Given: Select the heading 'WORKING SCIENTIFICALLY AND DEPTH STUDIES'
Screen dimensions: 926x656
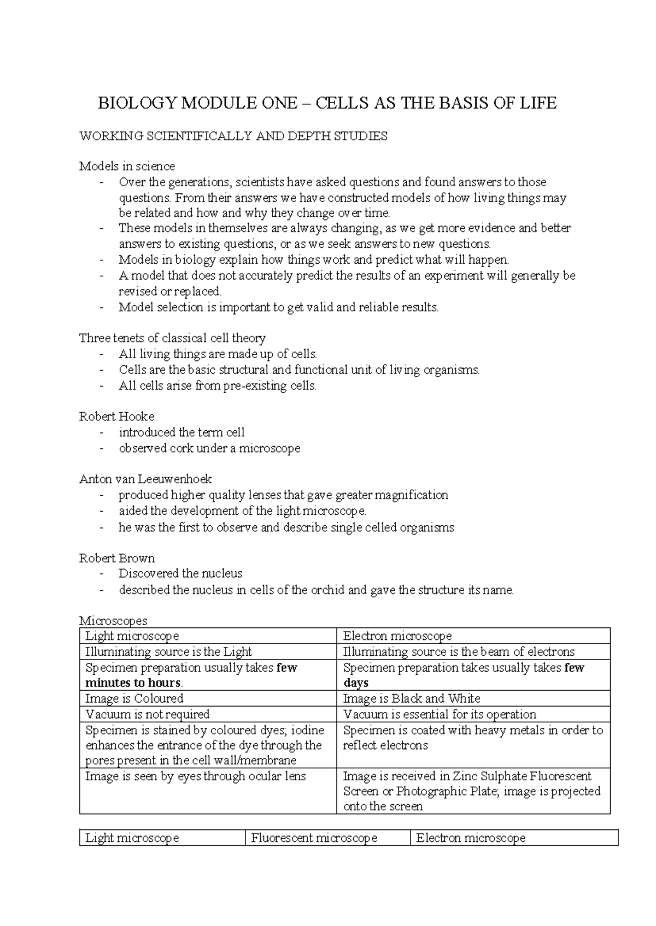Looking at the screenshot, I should click(233, 136).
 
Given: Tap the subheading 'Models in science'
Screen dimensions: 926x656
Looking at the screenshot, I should click(127, 166).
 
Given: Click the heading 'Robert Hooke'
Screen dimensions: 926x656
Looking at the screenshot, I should click(116, 417).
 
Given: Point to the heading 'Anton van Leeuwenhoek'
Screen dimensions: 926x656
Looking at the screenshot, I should click(145, 479).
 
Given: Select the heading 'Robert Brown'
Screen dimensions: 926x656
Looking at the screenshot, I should click(116, 558).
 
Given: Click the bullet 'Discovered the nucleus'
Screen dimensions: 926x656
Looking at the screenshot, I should click(180, 573).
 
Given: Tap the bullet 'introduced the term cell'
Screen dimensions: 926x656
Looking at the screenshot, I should click(181, 432).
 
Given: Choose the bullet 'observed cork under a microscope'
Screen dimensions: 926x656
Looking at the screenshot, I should click(209, 448).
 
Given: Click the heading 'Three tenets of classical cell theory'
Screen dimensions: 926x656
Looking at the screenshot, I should click(172, 338).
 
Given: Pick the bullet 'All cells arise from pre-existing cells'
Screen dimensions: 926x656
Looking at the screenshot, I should click(218, 385).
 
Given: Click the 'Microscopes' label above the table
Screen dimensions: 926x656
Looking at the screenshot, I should click(113, 621).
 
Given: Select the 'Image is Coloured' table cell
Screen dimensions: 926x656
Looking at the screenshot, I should click(134, 698).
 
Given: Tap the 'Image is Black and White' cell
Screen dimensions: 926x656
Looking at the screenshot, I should click(411, 698).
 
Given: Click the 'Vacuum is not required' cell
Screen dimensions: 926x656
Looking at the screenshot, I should click(148, 714).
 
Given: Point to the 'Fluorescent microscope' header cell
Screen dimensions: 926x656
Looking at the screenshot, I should click(314, 838).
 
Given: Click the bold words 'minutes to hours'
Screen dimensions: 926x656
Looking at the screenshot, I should click(133, 683).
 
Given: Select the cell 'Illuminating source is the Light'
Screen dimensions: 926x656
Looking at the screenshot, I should click(168, 651).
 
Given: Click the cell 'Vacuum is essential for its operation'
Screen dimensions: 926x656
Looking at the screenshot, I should click(440, 714).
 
